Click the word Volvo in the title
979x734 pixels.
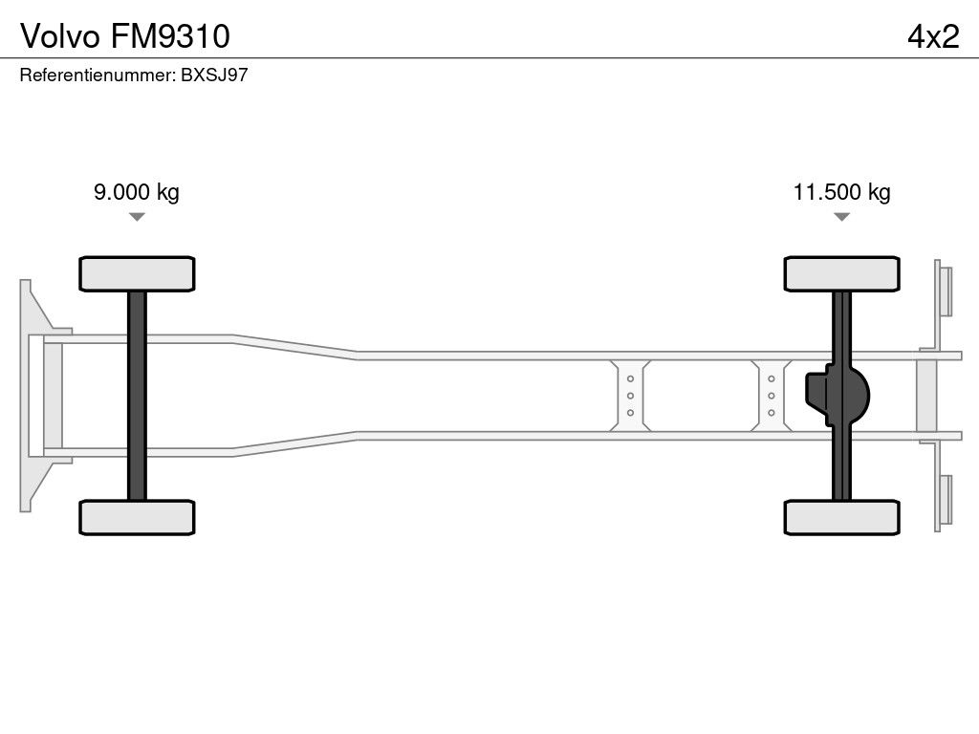(x=60, y=36)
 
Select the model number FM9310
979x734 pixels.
(x=170, y=36)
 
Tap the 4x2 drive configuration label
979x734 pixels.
(x=933, y=36)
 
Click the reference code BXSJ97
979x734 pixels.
(x=214, y=75)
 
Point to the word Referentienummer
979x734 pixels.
(x=98, y=75)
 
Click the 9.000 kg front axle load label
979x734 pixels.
(x=137, y=192)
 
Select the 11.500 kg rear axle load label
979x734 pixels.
(x=841, y=192)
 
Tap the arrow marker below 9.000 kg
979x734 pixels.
(x=137, y=217)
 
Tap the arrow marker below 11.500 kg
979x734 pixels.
(x=841, y=217)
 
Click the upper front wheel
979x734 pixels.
(x=137, y=273)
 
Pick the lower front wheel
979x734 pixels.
(x=137, y=517)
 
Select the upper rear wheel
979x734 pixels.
(x=841, y=273)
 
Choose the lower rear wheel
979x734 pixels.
(x=841, y=517)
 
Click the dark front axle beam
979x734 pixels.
(x=137, y=396)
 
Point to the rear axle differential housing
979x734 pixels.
(x=838, y=396)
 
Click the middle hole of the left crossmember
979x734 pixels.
(x=630, y=396)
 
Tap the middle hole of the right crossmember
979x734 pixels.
(x=772, y=396)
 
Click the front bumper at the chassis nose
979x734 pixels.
(x=36, y=396)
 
